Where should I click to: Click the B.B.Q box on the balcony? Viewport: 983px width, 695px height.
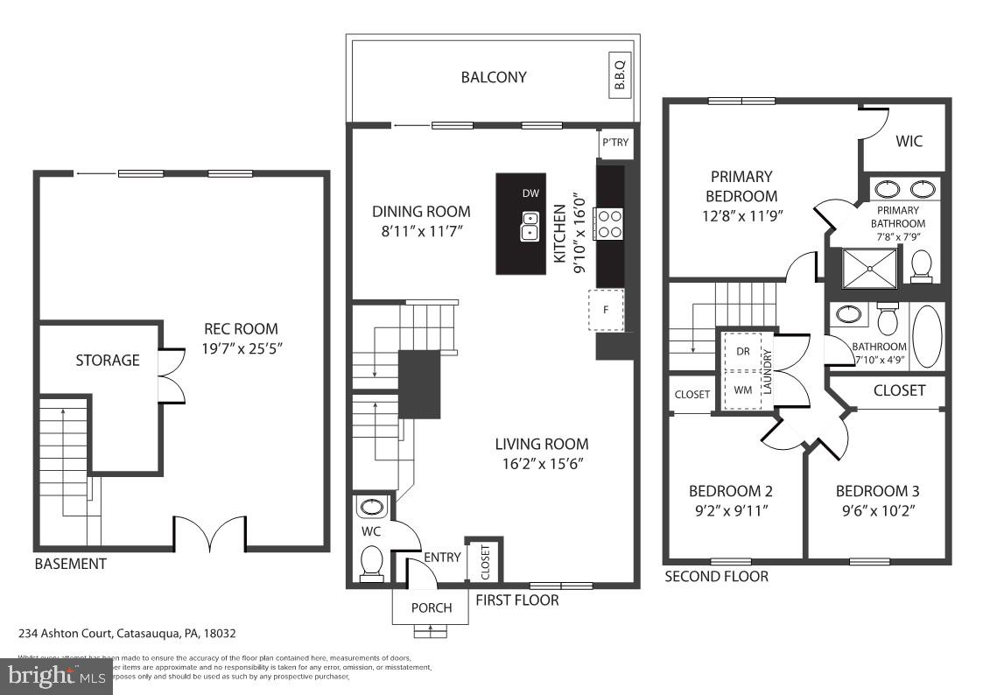click(620, 75)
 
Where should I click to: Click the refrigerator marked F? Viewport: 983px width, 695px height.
click(605, 310)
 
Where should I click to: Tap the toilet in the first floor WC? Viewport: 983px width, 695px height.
click(371, 562)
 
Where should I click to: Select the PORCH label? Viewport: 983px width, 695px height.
click(432, 607)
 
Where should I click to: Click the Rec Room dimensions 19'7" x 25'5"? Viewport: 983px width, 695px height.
click(241, 347)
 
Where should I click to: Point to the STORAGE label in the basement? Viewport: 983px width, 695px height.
click(108, 360)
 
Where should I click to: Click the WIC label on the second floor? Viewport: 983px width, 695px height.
click(909, 141)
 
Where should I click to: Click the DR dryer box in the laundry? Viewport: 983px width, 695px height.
click(743, 350)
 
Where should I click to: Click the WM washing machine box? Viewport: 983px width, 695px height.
click(743, 389)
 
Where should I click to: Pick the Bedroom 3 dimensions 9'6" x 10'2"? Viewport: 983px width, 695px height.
click(877, 509)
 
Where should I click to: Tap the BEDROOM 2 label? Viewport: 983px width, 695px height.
click(730, 490)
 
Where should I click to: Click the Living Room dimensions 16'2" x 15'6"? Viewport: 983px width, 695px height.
click(542, 463)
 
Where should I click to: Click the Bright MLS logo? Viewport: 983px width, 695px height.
click(56, 675)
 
